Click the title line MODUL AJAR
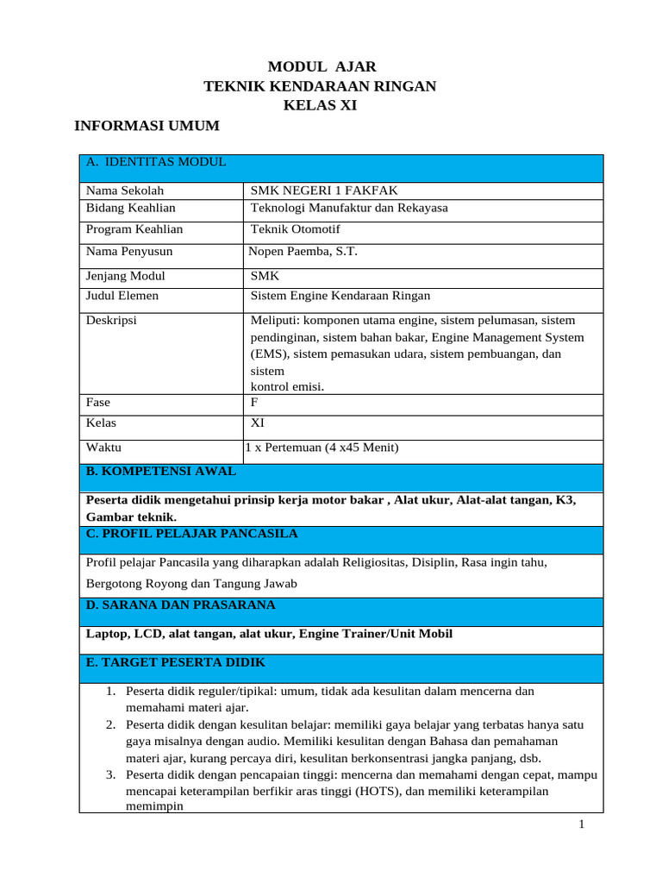click(x=322, y=66)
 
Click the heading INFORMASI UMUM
click(x=147, y=126)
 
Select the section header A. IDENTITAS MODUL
click(x=156, y=162)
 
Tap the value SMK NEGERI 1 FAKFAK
click(x=324, y=191)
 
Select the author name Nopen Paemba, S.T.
click(x=303, y=252)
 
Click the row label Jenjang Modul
click(x=126, y=277)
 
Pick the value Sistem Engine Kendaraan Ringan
click(x=340, y=296)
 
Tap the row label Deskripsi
click(x=111, y=320)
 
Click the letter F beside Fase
click(x=254, y=402)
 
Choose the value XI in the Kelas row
click(x=258, y=423)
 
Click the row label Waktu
click(x=104, y=447)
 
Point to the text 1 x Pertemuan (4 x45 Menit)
click(x=322, y=447)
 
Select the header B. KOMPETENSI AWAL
click(x=161, y=472)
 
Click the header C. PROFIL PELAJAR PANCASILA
click(x=192, y=534)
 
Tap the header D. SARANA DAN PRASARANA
click(x=181, y=605)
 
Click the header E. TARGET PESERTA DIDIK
click(x=176, y=662)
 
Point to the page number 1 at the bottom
click(x=582, y=825)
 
